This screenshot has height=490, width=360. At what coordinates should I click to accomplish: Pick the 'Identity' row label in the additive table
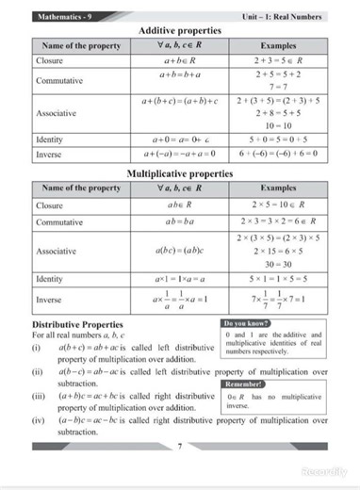tap(48, 139)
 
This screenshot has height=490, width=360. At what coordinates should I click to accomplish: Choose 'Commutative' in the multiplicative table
tap(57, 221)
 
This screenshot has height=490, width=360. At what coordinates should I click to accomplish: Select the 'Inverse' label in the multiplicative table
tap(48, 301)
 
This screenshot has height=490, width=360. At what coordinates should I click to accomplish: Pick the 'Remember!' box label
tap(244, 384)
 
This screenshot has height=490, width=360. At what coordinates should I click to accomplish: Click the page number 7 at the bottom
tap(179, 444)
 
